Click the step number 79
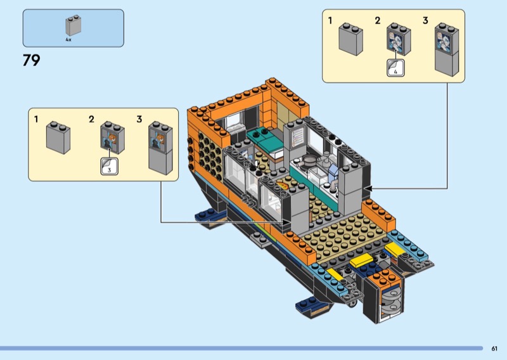(x=31, y=60)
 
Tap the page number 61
(x=494, y=349)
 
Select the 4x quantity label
(x=68, y=40)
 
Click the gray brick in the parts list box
(x=74, y=25)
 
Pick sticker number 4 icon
(x=395, y=68)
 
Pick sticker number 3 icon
(x=109, y=166)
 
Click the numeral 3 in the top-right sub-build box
(x=425, y=21)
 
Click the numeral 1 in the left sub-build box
(x=36, y=119)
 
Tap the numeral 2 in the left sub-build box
(x=91, y=119)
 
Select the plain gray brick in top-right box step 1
(x=350, y=39)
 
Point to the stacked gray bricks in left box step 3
(x=160, y=148)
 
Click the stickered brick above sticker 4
(x=399, y=39)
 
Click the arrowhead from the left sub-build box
(x=286, y=222)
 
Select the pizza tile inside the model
(x=282, y=186)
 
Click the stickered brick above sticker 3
(x=113, y=138)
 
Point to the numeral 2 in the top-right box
(x=378, y=21)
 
